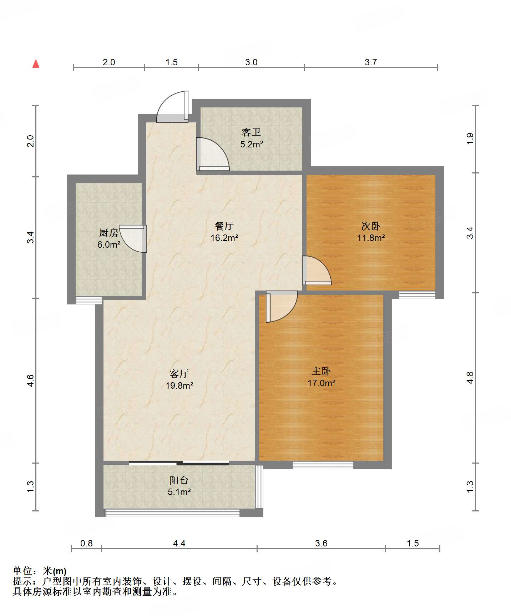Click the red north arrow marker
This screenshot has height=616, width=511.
(36, 64)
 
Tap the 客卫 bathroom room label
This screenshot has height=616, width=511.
(251, 132)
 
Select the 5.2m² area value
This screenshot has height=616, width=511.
(252, 144)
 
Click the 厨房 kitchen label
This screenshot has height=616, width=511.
(108, 233)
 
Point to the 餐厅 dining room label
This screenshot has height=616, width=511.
(224, 226)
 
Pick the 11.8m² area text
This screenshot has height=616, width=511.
(371, 238)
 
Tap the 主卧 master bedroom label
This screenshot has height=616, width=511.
(321, 371)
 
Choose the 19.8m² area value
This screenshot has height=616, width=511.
(179, 385)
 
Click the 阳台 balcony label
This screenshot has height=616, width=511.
(179, 480)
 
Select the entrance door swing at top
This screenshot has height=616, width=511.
(173, 107)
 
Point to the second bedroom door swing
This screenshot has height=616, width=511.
(317, 271)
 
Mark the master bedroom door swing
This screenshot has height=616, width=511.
(282, 307)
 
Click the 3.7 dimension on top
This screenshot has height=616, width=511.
(371, 62)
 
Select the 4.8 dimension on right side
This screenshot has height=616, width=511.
(470, 378)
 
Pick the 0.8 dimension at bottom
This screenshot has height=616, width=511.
(86, 543)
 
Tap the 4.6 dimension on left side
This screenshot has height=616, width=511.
(31, 380)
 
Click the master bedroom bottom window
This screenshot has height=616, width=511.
(323, 465)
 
